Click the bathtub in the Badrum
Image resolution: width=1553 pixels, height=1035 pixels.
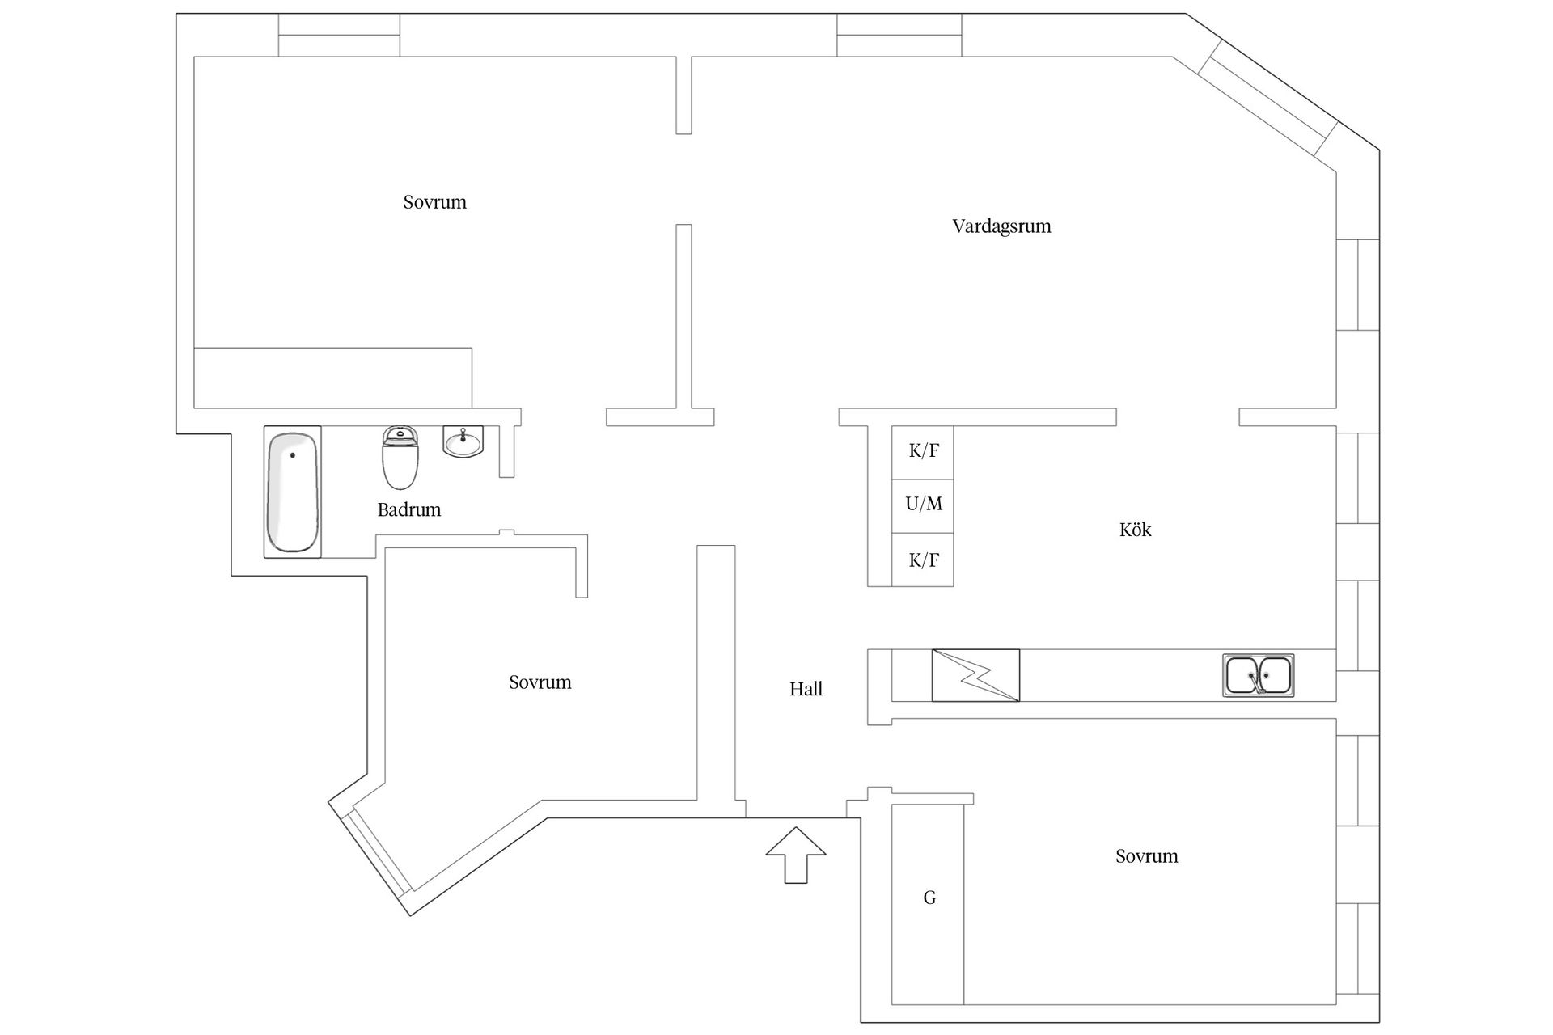click(x=293, y=492)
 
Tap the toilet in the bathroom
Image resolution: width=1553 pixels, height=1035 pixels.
click(x=400, y=458)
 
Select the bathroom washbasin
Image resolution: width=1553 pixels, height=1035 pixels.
click(x=463, y=441)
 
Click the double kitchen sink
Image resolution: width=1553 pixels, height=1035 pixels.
click(x=1258, y=675)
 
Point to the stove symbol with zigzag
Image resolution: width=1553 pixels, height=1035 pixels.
click(x=975, y=675)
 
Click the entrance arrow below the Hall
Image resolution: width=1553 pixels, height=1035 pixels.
click(x=796, y=855)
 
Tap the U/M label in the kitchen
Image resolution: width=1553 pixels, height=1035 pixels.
click(x=924, y=505)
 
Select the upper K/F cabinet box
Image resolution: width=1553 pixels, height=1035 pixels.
click(x=923, y=452)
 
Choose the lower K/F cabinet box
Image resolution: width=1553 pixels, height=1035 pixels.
click(x=923, y=560)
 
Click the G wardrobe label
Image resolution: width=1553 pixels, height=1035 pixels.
click(x=929, y=898)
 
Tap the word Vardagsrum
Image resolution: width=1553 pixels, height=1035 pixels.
click(x=1001, y=226)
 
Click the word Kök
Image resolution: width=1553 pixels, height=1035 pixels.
click(x=1135, y=530)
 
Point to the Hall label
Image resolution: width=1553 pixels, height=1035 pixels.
click(x=806, y=689)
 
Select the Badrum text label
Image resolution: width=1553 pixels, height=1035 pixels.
click(x=409, y=510)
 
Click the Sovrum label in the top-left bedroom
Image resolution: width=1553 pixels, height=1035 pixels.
click(x=435, y=202)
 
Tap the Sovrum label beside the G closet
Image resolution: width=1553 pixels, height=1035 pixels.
click(x=1146, y=856)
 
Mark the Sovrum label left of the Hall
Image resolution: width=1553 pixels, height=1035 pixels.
click(x=540, y=682)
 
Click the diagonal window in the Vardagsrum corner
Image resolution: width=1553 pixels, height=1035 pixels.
click(x=1268, y=99)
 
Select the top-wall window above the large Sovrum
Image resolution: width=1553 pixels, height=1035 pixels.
click(x=339, y=35)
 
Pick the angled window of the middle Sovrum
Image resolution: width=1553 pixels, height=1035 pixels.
click(x=374, y=851)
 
